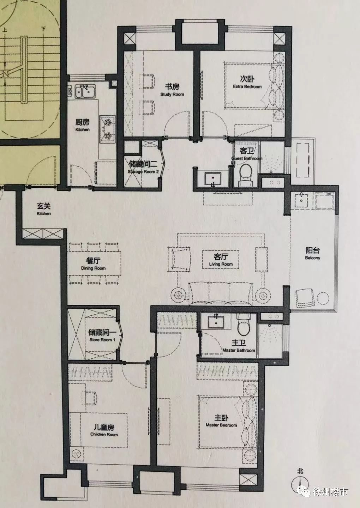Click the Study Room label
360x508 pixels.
[x=172, y=94]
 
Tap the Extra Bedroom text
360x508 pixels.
[x=247, y=87]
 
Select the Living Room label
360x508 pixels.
[x=221, y=264]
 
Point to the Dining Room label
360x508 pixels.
[x=93, y=268]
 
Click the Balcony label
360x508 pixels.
[x=312, y=258]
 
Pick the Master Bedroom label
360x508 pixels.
[x=221, y=425]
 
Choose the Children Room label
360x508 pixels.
[x=104, y=435]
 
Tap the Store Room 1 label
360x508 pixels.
[x=102, y=340]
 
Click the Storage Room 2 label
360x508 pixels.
[x=143, y=171]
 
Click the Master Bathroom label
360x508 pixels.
[x=239, y=350]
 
